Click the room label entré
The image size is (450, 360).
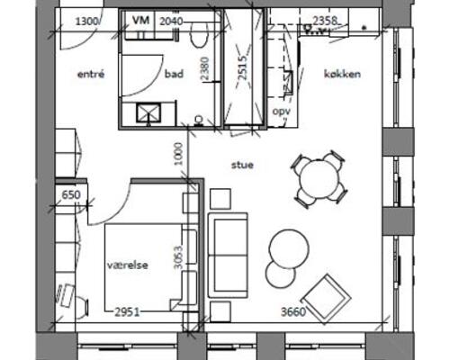tap(91, 74)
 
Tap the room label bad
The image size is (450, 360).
tap(174, 74)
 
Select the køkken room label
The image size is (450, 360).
tap(342, 74)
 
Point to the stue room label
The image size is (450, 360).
tap(242, 165)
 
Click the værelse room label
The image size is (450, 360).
tap(128, 265)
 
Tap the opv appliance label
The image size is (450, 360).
tap(282, 112)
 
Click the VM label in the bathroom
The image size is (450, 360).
tap(140, 21)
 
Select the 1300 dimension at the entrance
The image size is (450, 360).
tap(86, 22)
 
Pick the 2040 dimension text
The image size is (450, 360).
tap(171, 22)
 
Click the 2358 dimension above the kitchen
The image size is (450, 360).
tap(325, 21)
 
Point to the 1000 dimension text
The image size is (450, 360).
tap(178, 154)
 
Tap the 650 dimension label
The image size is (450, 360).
tap(71, 195)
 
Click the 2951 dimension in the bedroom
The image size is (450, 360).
tap(128, 312)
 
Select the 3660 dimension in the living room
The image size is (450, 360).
tap(293, 312)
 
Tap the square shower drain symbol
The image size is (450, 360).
tap(148, 113)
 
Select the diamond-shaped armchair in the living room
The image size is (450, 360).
tap(326, 299)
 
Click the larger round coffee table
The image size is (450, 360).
tap(289, 248)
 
